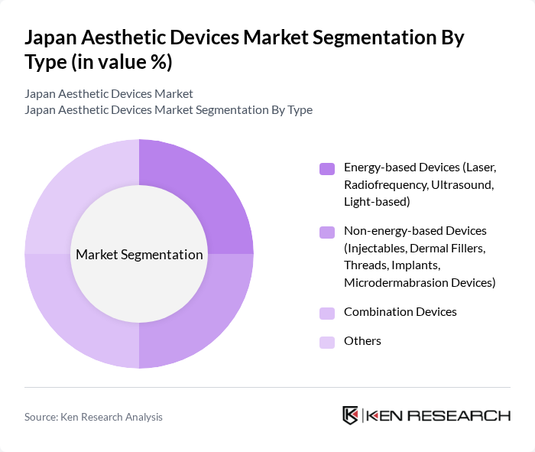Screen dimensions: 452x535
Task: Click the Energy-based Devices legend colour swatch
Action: pos(327,167)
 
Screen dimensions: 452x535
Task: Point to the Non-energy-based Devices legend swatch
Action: pos(327,231)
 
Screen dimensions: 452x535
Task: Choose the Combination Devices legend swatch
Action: pos(327,313)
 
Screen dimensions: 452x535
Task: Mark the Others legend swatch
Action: pos(327,342)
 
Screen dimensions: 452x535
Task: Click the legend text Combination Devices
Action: pos(400,312)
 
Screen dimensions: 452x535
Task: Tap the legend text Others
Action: pos(362,341)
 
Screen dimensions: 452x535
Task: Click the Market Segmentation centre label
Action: pos(139,255)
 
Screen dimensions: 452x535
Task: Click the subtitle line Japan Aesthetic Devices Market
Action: pos(109,93)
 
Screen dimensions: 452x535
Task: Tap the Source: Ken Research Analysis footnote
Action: pos(93,417)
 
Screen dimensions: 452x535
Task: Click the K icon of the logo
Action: pos(350,415)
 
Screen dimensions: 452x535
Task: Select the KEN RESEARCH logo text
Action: pos(439,416)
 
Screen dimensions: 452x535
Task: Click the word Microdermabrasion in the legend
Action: pos(389,283)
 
